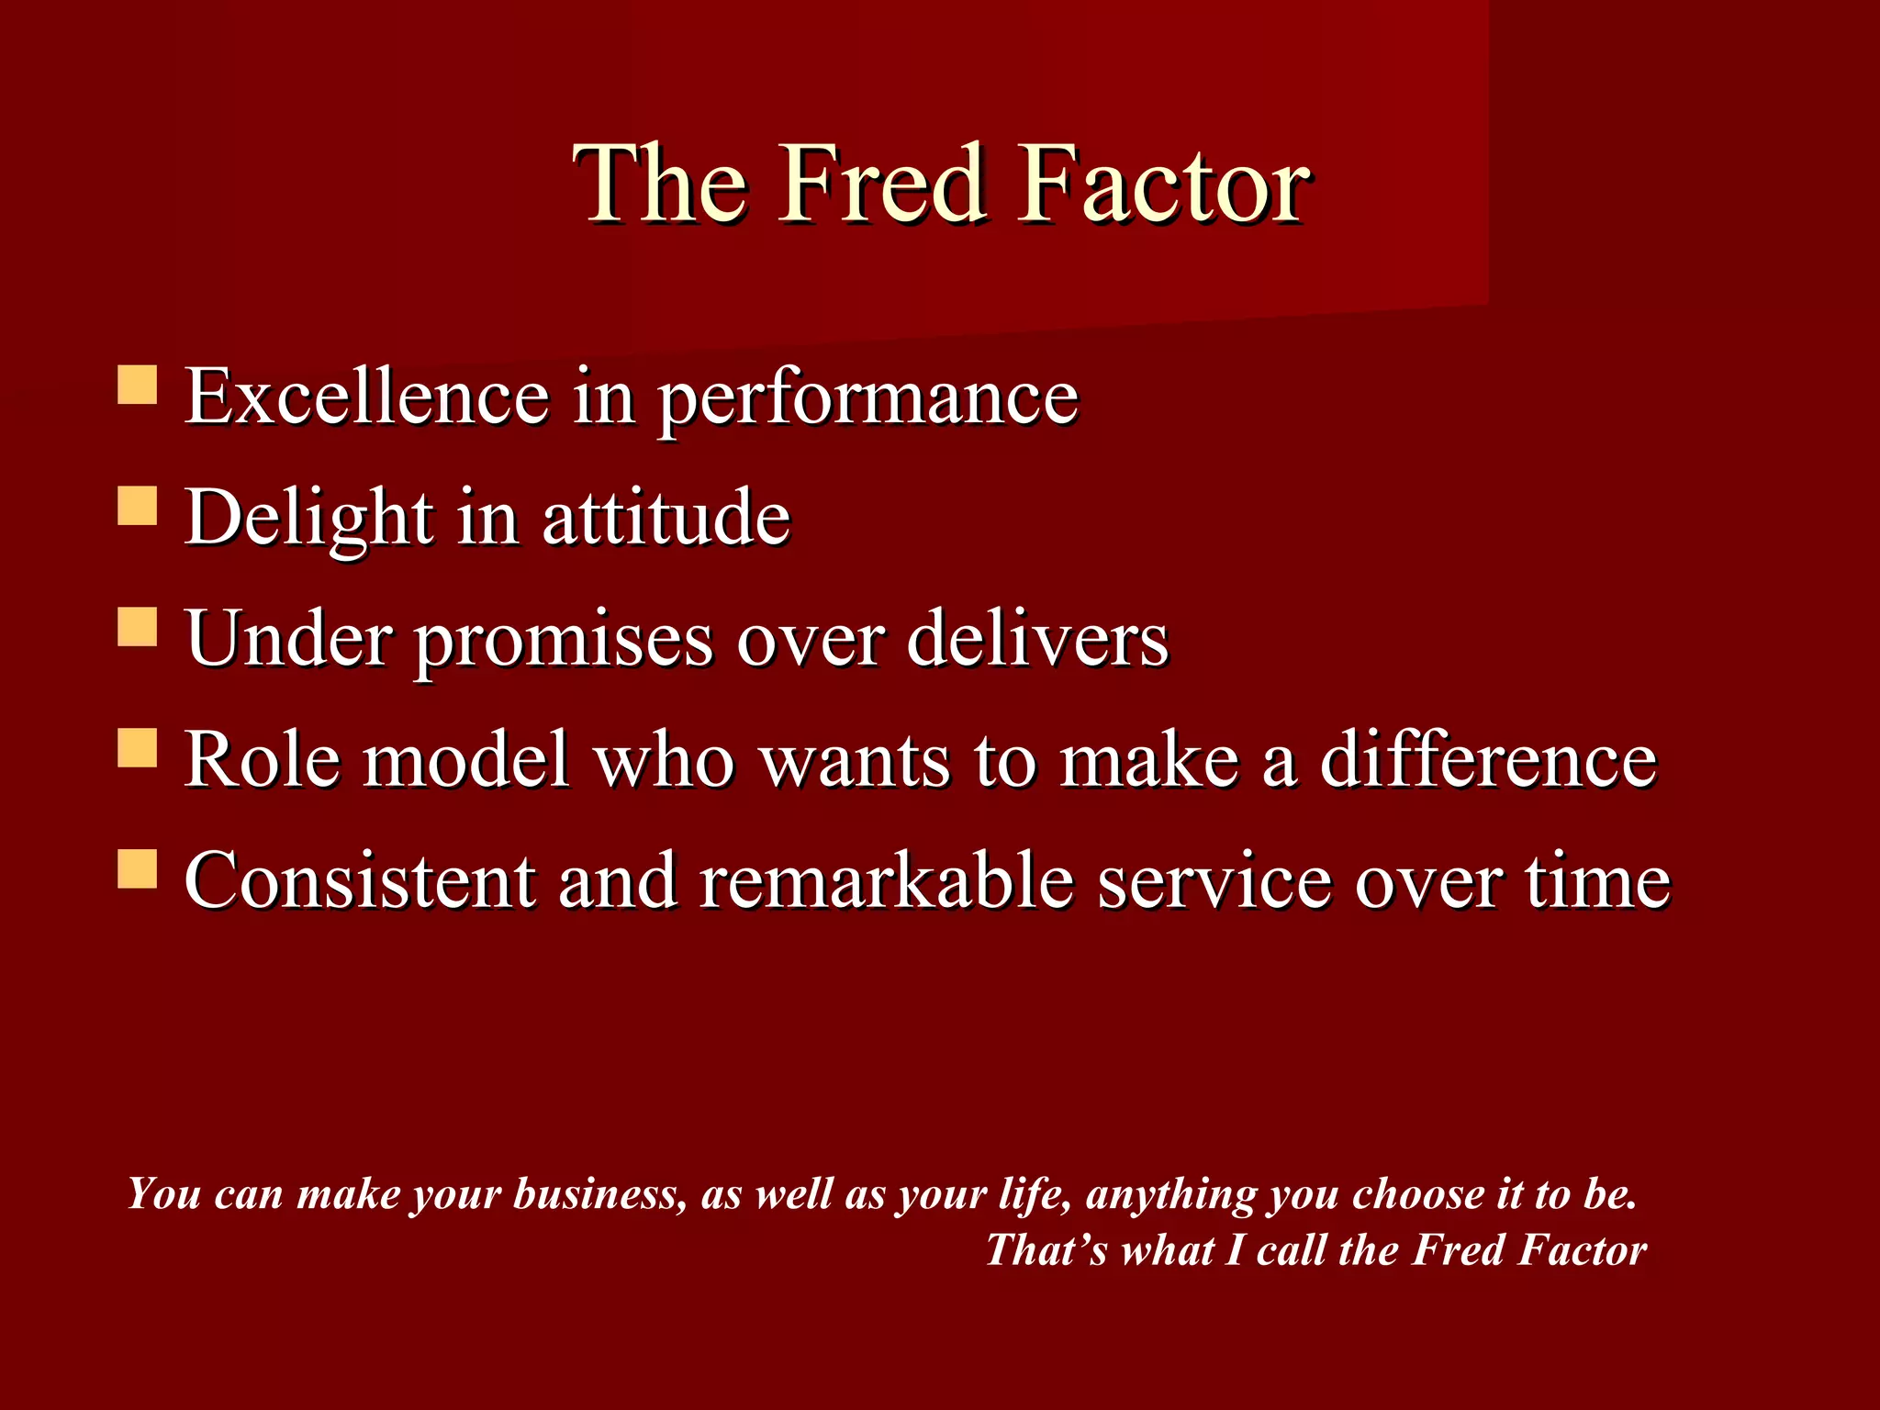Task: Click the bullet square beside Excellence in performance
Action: (138, 386)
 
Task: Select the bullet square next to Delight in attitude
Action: (138, 506)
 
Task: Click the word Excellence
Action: (366, 397)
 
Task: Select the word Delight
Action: (308, 518)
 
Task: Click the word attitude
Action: (666, 518)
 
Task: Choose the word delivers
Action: (1037, 639)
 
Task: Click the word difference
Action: (1488, 760)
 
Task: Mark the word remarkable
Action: (886, 881)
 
